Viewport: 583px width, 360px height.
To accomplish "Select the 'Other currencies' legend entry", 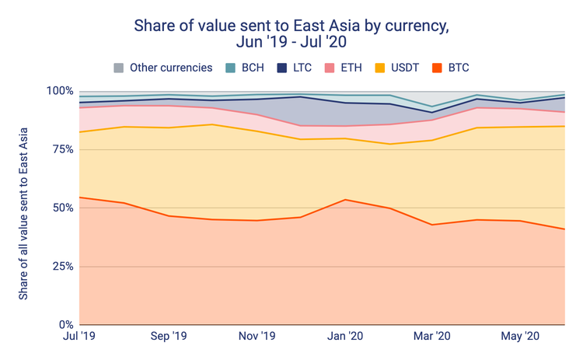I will (x=163, y=68).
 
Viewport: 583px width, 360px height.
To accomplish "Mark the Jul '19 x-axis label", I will (x=79, y=337).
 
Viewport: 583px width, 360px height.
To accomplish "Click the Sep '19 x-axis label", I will (x=168, y=337).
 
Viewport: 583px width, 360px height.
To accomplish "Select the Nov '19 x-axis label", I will (x=257, y=337).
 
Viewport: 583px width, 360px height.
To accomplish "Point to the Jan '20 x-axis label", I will (x=344, y=337).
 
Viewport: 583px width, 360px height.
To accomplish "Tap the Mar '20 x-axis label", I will (x=432, y=337).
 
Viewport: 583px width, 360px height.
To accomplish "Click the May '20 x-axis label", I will (x=520, y=337).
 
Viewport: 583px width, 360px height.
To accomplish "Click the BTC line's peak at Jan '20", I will (x=344, y=200).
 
